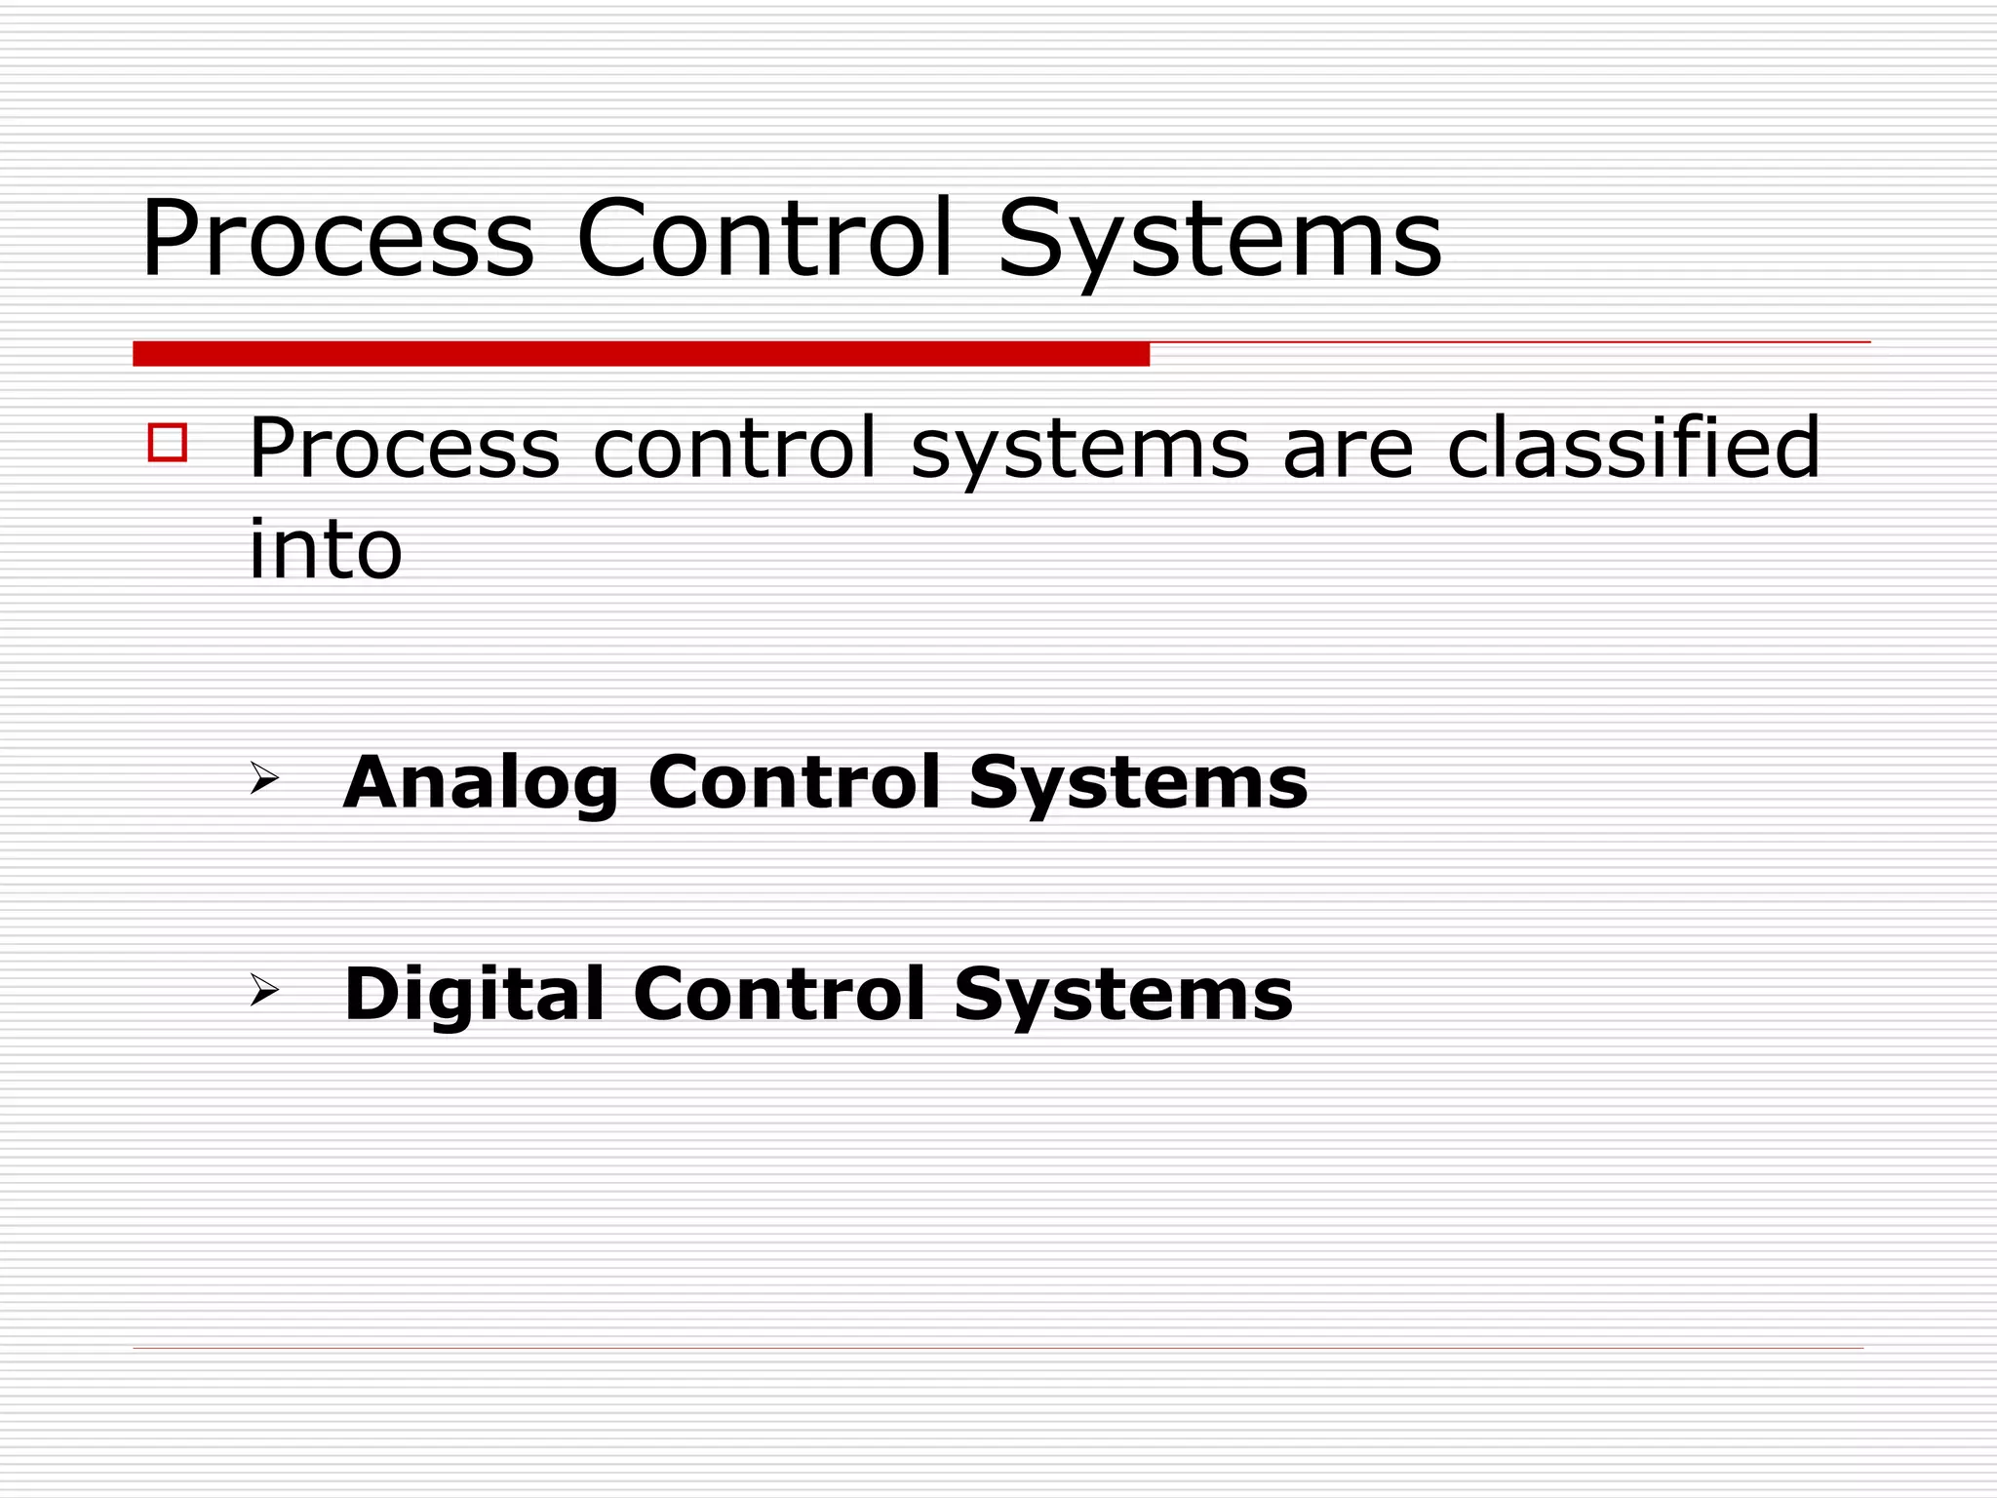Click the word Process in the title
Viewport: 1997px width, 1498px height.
point(337,239)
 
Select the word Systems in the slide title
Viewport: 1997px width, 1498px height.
point(1219,241)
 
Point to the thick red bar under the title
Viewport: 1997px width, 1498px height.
point(641,354)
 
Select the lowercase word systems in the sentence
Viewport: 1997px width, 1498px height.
point(1079,452)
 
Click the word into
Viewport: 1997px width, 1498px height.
point(326,548)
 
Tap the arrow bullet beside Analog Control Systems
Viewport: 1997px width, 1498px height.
point(263,778)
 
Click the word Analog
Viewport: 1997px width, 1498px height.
point(481,784)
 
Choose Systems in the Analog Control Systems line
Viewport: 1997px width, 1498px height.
point(1138,784)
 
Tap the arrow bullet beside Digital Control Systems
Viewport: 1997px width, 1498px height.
point(263,990)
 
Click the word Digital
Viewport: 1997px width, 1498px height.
point(474,996)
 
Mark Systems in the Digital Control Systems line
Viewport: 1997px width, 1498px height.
point(1123,996)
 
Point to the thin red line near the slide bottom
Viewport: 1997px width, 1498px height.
point(998,1348)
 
